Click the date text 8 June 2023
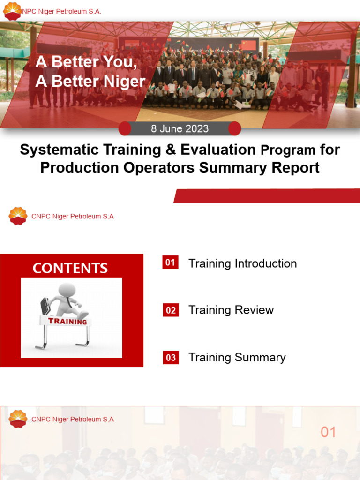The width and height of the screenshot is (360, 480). click(180, 129)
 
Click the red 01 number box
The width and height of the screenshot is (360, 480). click(170, 262)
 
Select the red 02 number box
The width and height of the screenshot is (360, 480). click(171, 310)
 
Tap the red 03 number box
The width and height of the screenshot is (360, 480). click(171, 358)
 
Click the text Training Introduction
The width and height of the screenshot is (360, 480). click(242, 263)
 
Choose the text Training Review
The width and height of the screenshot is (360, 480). click(231, 310)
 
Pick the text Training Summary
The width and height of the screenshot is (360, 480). click(237, 358)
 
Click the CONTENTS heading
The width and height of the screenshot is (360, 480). click(70, 268)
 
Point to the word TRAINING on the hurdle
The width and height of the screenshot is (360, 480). click(67, 322)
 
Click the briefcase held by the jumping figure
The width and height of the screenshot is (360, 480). click(45, 306)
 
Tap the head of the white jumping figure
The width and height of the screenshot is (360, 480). click(67, 290)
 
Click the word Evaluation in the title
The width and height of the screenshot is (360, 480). click(218, 150)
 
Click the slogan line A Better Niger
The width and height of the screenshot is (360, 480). click(90, 81)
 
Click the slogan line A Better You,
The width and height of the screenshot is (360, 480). click(86, 62)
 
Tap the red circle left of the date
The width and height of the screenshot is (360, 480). click(125, 128)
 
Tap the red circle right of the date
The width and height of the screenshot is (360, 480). click(234, 128)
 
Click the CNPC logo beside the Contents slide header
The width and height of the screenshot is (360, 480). click(18, 216)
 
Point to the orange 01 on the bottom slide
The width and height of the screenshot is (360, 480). click(328, 432)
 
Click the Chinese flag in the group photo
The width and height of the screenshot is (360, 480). click(248, 45)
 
